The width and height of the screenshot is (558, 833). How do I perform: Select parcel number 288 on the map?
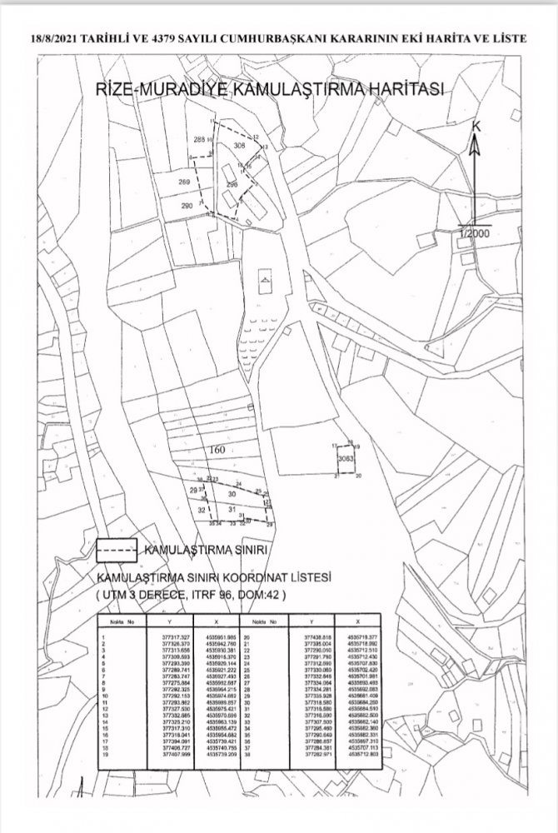[199, 140]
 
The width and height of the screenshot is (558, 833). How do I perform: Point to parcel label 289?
[184, 182]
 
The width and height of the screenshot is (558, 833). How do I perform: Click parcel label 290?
[187, 205]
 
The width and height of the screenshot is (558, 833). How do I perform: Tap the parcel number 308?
[241, 146]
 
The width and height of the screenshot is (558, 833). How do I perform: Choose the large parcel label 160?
[217, 450]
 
